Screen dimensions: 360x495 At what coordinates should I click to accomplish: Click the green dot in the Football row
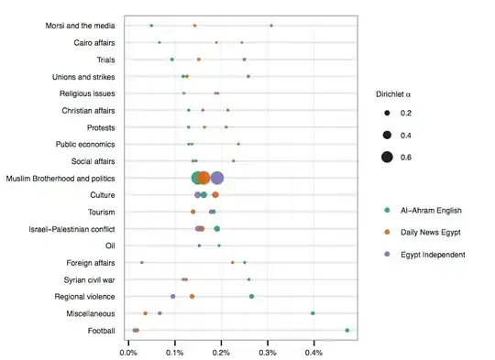click(x=347, y=330)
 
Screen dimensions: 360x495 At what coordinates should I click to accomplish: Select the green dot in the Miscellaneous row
click(x=313, y=313)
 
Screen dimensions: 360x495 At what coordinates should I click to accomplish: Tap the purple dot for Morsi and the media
click(x=271, y=26)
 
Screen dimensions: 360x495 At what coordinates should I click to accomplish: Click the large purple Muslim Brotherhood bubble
click(x=217, y=178)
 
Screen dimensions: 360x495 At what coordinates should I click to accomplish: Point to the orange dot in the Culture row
click(x=215, y=195)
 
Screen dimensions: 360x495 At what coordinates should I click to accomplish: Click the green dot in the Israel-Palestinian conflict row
click(x=217, y=229)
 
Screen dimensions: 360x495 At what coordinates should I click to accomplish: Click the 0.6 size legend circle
click(x=388, y=158)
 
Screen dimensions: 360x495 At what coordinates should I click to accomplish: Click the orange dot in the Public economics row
click(x=238, y=144)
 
